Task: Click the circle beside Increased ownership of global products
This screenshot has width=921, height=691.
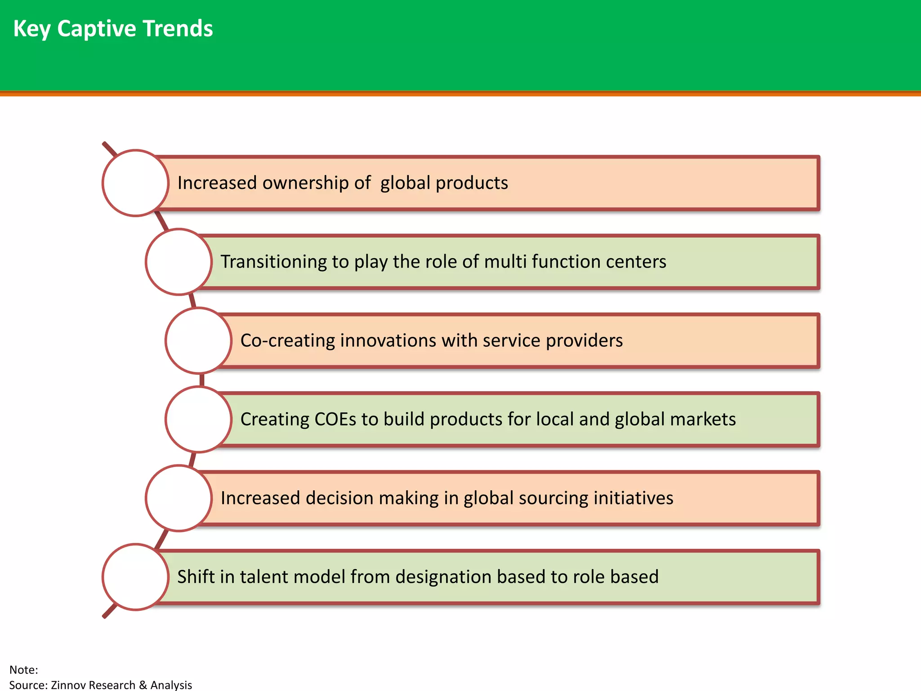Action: (x=135, y=183)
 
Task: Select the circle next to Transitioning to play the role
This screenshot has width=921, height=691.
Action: (x=179, y=262)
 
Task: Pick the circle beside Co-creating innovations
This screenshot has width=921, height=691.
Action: (x=198, y=341)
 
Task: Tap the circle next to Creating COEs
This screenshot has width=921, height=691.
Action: (x=198, y=419)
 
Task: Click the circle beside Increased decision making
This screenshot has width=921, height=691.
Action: (x=179, y=498)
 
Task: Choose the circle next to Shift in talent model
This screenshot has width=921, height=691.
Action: (x=135, y=577)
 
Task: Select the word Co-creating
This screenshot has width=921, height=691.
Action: (x=287, y=341)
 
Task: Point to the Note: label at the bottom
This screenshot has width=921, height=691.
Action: (x=23, y=670)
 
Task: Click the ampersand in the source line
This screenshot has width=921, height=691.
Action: (x=143, y=685)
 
